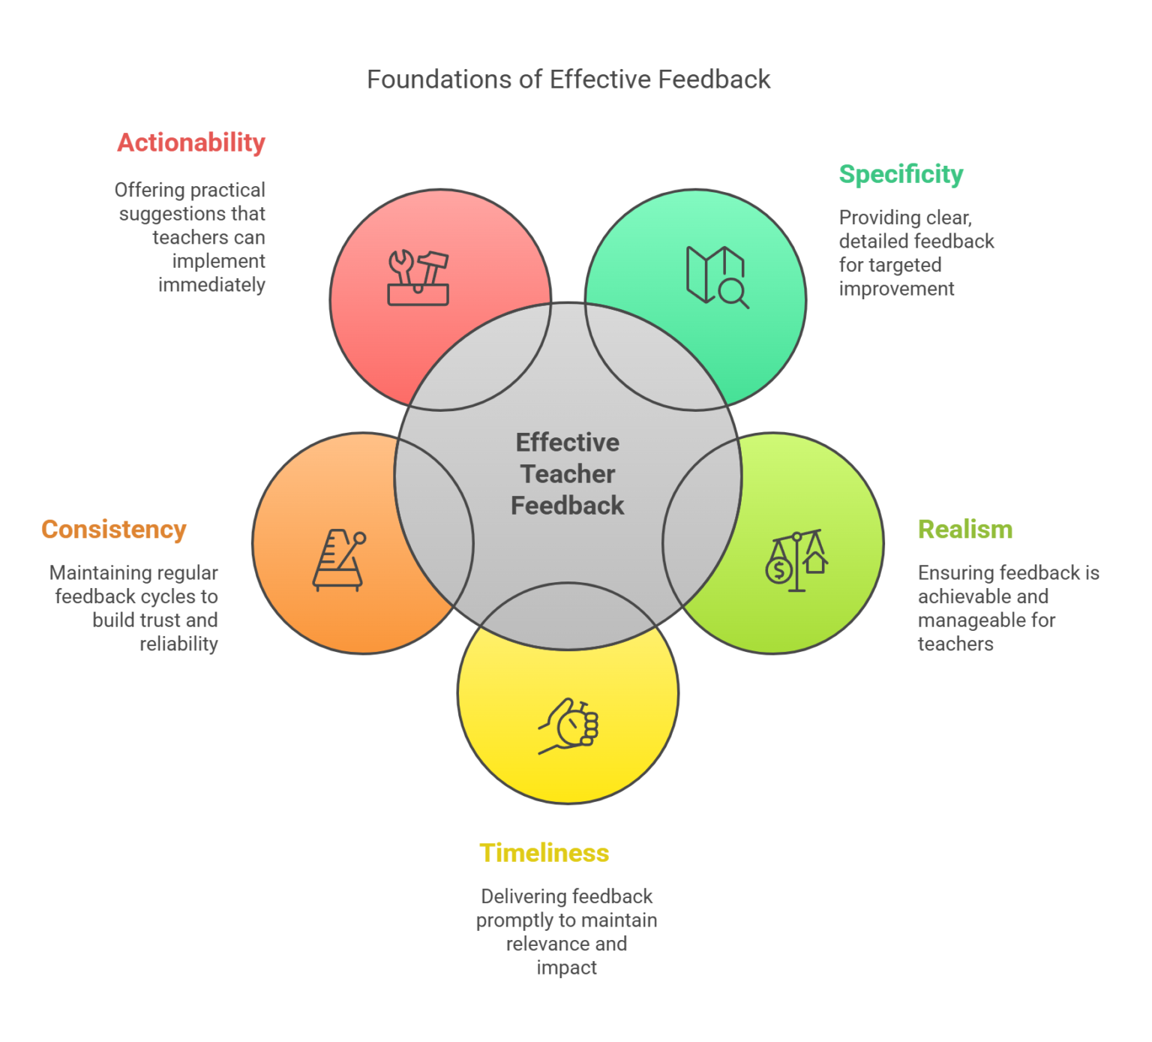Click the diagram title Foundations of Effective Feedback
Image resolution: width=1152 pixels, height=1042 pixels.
coord(568,80)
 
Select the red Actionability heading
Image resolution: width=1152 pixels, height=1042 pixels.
coord(191,143)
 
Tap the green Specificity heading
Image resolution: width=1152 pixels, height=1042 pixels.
coord(901,174)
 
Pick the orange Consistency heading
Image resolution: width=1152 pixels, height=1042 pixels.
coord(114,530)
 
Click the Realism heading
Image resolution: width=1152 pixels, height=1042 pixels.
coord(965,530)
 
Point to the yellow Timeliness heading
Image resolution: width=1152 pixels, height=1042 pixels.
coord(544,853)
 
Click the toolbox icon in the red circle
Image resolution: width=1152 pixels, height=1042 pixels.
coord(418,278)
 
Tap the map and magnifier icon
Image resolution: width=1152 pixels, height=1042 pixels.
coord(717,278)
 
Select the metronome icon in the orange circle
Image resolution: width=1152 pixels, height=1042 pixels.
coord(339,560)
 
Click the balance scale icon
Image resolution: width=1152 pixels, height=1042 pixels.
coord(796,560)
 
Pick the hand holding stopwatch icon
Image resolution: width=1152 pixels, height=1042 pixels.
coord(568,726)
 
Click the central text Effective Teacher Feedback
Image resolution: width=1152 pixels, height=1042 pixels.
coord(568,474)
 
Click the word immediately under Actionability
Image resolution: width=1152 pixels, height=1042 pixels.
coord(211,285)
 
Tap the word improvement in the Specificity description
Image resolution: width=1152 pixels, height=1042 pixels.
coord(896,289)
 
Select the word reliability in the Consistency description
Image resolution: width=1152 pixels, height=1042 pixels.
coord(178,644)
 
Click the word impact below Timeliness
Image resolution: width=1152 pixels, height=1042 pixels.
coord(567,968)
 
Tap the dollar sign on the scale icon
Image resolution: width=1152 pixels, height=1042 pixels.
coord(779,571)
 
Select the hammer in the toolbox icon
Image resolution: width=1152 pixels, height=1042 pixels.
coord(431,269)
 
